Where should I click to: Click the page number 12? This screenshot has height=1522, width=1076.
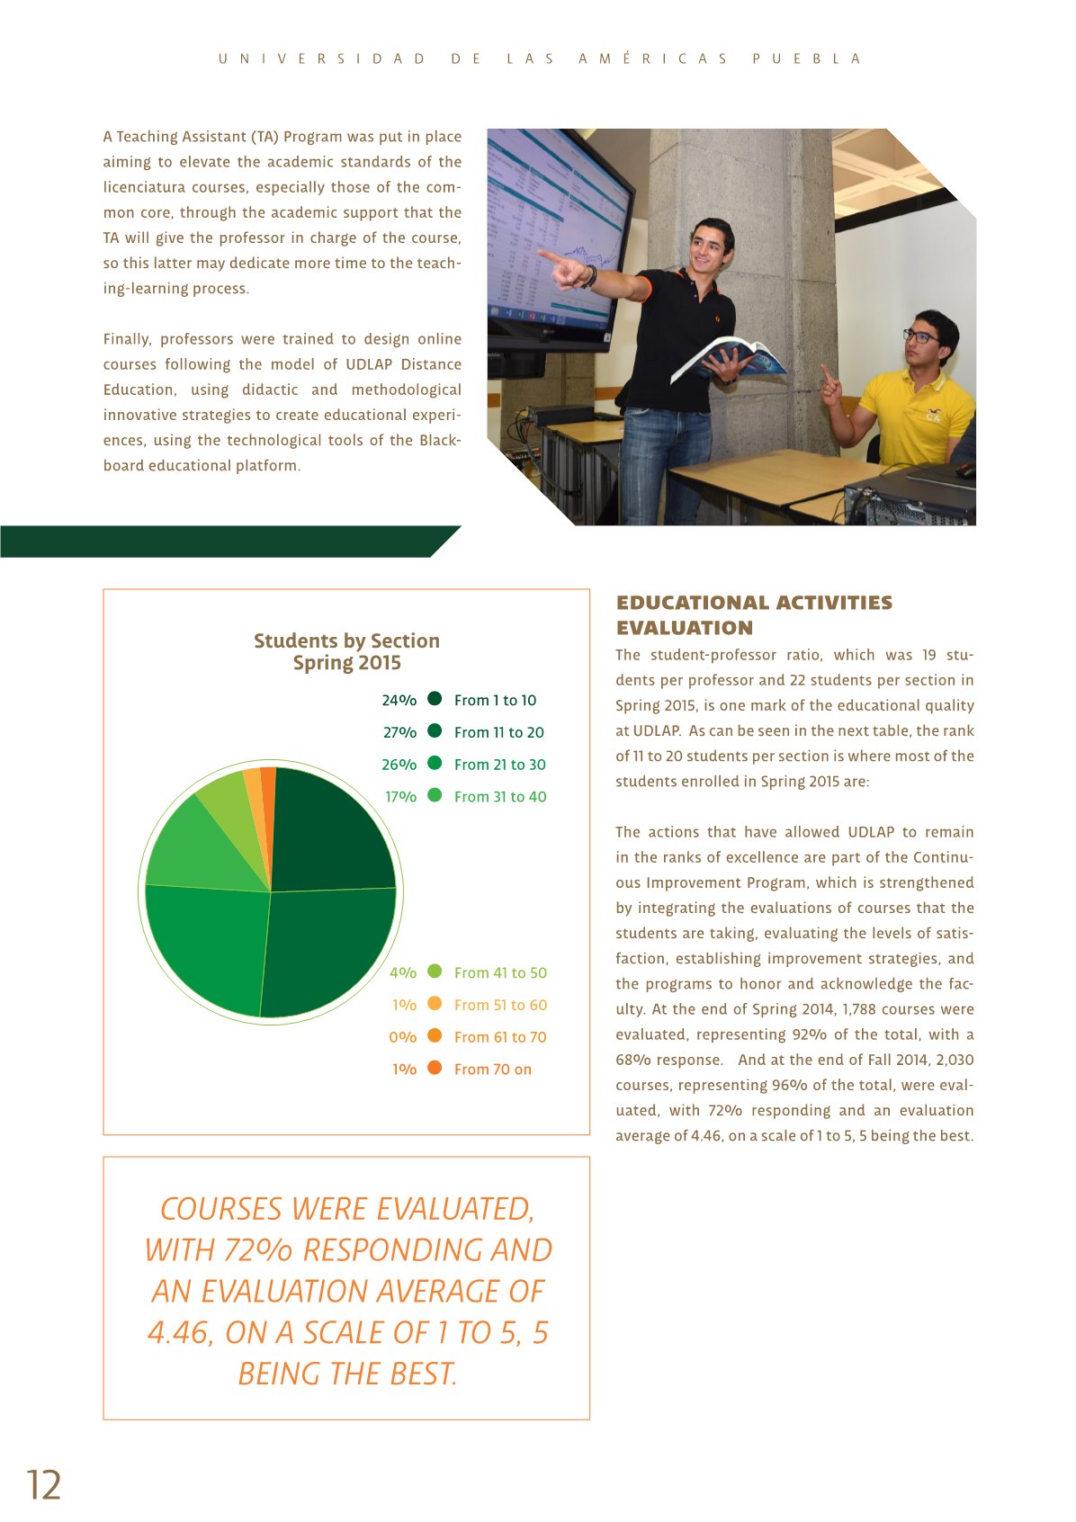click(x=43, y=1484)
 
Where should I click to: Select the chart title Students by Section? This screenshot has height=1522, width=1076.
click(x=346, y=640)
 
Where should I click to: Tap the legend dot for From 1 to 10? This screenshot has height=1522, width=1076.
click(x=435, y=699)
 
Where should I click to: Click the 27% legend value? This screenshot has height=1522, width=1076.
click(x=399, y=732)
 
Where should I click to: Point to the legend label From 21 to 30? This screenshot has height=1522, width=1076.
click(x=499, y=765)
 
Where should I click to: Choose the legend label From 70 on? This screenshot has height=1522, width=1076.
click(x=492, y=1070)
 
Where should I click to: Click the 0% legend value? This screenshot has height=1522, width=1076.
click(x=402, y=1037)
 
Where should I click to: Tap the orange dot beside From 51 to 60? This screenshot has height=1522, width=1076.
click(x=435, y=1004)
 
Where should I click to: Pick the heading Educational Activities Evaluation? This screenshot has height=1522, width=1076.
click(x=754, y=615)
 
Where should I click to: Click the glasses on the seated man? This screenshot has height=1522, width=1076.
click(x=919, y=336)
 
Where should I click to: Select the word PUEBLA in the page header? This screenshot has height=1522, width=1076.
click(x=806, y=59)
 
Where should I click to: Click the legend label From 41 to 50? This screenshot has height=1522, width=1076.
click(x=500, y=972)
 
